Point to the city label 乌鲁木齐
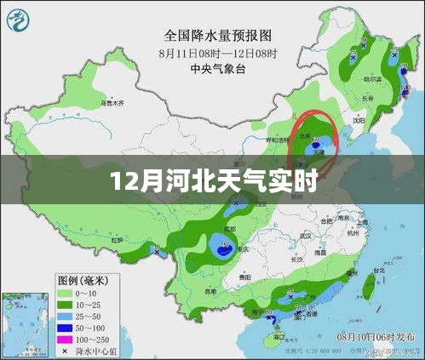[113, 102]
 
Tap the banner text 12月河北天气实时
[212, 180]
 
